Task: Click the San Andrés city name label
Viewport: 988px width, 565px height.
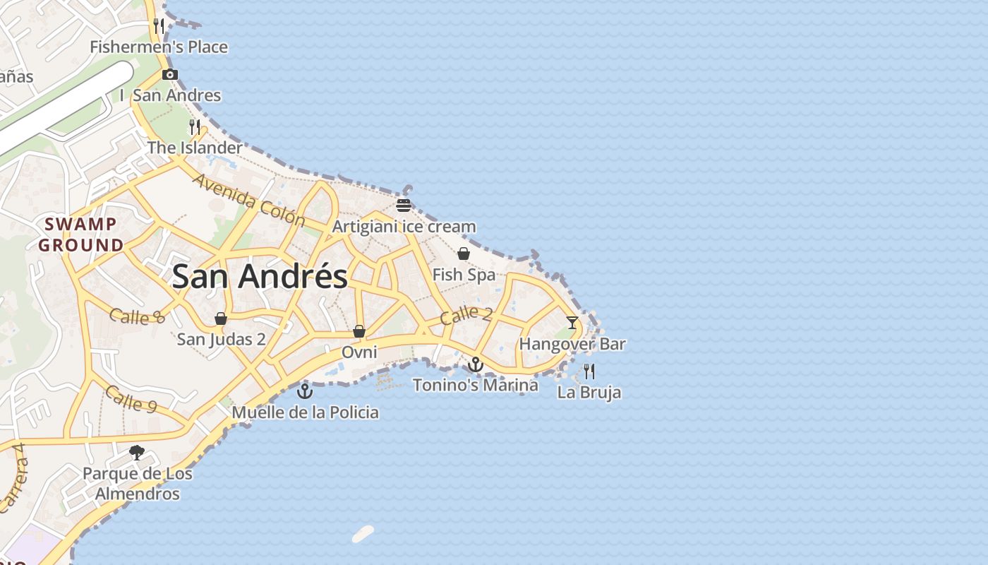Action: click(260, 276)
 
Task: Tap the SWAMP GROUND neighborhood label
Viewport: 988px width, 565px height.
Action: click(81, 235)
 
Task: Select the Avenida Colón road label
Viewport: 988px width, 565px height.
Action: click(248, 201)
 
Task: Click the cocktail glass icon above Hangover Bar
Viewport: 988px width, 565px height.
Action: click(572, 323)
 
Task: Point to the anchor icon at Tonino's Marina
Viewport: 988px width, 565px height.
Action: click(476, 364)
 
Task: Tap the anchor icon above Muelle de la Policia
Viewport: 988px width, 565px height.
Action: click(305, 391)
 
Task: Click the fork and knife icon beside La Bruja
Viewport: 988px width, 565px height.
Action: click(589, 371)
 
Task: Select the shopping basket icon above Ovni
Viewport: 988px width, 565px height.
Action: click(359, 331)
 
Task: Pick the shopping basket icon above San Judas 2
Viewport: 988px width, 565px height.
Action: click(221, 319)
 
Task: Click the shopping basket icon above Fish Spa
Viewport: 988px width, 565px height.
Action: click(464, 254)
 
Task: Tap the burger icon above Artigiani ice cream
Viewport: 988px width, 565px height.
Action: click(404, 206)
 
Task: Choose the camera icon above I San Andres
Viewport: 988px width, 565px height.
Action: click(169, 74)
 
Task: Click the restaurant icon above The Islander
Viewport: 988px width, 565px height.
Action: click(195, 127)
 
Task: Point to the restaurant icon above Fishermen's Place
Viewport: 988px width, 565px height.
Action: click(159, 26)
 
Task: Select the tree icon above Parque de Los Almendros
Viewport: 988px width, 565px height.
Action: click(137, 452)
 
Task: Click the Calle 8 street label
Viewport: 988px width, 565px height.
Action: click(138, 316)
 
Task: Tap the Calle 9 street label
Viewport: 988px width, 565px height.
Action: click(131, 399)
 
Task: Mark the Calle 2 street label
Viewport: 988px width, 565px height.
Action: click(466, 315)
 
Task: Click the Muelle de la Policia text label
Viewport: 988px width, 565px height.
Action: click(305, 412)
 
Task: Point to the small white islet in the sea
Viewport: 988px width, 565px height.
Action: click(363, 534)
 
